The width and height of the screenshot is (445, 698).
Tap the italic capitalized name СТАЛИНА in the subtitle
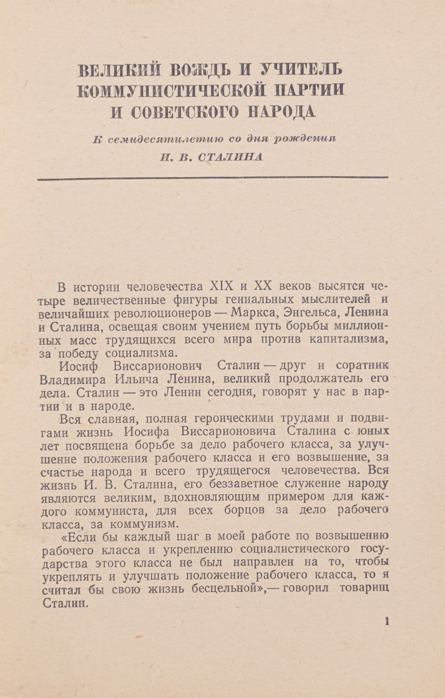[230, 157]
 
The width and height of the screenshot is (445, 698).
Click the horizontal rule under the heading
[212, 177]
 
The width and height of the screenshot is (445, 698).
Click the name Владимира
[73, 378]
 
